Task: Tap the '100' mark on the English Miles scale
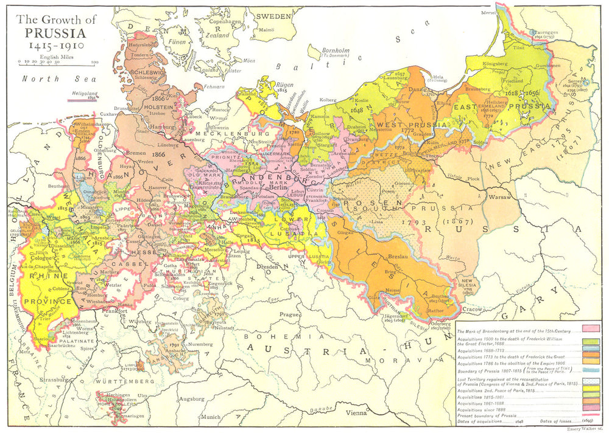95,61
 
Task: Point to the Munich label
210,417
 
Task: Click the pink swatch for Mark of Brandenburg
591,328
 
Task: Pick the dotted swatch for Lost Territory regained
591,381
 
